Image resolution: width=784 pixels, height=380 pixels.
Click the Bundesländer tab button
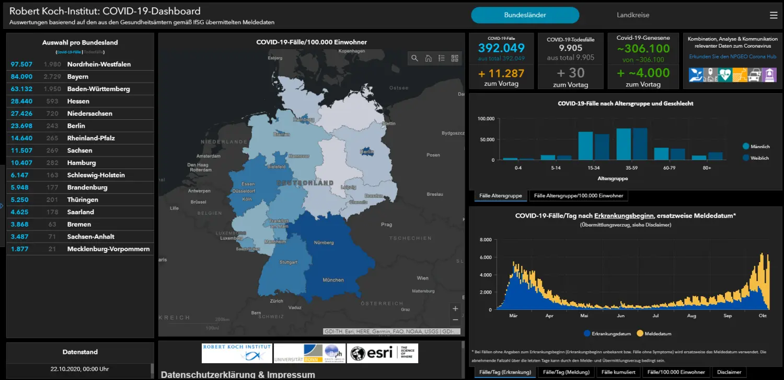coord(525,15)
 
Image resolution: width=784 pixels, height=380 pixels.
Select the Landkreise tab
coord(632,15)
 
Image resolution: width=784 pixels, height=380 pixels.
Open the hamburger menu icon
coord(774,15)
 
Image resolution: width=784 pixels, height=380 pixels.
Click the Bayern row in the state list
coord(78,77)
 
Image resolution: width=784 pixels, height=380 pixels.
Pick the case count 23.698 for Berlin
coord(21,126)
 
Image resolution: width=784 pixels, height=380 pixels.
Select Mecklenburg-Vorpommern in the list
coord(108,249)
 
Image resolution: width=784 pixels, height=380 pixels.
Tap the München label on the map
coord(333,280)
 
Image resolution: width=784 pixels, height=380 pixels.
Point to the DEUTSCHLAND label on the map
coord(305,183)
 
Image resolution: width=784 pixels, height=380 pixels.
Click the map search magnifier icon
coord(414,58)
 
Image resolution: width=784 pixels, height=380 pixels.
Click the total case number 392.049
coord(501,48)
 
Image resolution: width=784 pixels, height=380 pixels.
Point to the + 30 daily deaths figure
coord(570,73)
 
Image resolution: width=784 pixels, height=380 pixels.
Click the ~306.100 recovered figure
coord(643,49)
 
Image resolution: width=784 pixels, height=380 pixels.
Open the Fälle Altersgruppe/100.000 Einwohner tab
coord(579,196)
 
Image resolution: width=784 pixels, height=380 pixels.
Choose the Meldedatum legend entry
coord(657,333)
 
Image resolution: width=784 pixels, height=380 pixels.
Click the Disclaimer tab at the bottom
coord(729,372)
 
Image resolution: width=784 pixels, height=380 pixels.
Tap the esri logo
coord(382,353)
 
